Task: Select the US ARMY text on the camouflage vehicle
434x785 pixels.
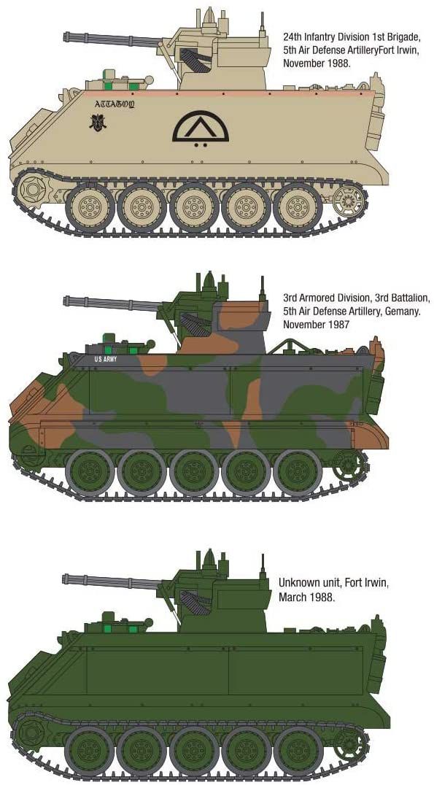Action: tap(104, 359)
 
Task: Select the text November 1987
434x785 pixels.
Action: tap(316, 325)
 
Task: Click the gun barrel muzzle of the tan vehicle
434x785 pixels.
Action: tap(66, 36)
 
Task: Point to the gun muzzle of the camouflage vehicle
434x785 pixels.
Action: tap(66, 301)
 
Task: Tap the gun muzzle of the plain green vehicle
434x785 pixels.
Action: tap(66, 579)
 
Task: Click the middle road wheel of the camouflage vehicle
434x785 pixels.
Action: tap(194, 473)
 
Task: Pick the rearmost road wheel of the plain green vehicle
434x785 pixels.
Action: tap(298, 751)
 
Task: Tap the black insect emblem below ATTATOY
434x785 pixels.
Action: tap(98, 122)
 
